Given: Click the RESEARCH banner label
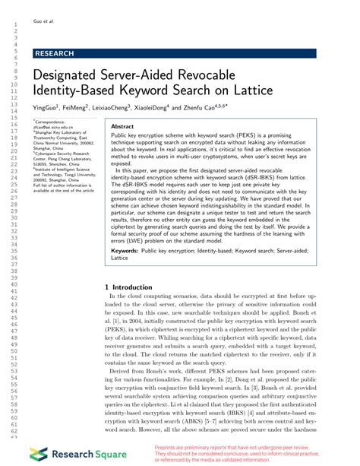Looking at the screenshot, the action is (55, 54).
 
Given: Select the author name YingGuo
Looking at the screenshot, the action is (47, 108).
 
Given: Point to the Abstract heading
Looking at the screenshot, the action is (122, 126).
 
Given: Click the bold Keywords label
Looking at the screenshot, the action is (129, 249).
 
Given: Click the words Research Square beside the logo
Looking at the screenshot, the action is (84, 454).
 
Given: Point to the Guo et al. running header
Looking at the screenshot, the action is (45, 21).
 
